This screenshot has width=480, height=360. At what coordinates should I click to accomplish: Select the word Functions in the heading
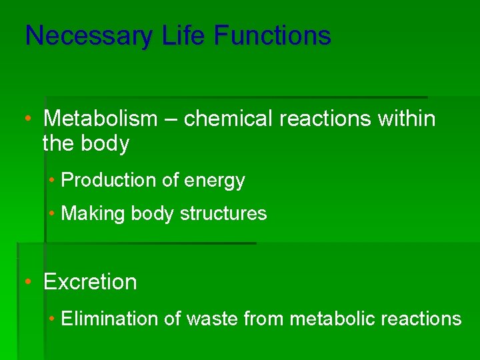tap(272, 35)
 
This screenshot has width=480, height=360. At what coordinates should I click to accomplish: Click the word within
tap(406, 119)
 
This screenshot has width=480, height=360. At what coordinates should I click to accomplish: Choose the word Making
tap(93, 214)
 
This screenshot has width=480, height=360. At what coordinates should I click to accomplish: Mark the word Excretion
tap(90, 282)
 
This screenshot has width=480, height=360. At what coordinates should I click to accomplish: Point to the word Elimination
tap(109, 319)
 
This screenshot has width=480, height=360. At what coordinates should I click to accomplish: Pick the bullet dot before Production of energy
tap(52, 181)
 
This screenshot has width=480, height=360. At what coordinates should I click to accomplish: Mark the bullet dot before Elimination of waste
tap(52, 319)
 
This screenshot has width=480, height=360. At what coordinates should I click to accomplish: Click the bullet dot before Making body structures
tap(52, 214)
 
